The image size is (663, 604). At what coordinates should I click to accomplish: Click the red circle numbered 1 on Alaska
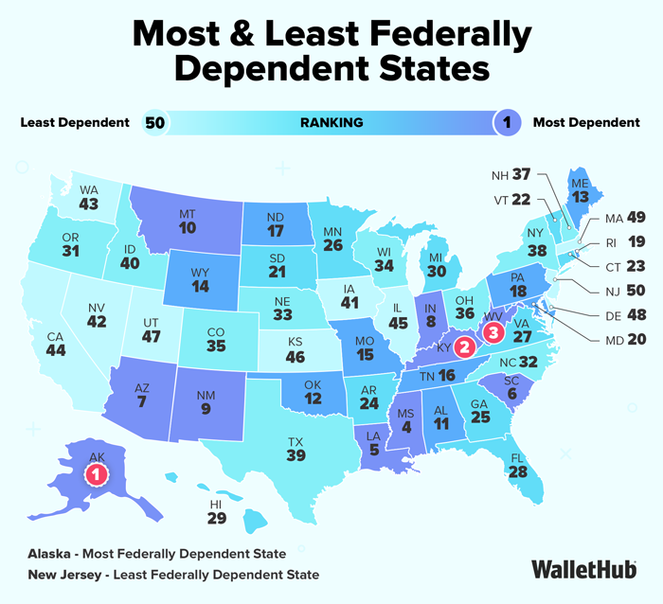coord(99,474)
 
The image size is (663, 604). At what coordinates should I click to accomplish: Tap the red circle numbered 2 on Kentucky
coord(464,346)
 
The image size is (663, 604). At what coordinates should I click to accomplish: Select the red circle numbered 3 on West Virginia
coord(491,330)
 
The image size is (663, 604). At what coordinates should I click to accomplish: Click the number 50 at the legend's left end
coord(154,122)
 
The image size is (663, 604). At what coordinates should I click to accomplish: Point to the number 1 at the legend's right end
coord(508,122)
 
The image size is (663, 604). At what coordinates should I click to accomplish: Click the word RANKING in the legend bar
coord(331,122)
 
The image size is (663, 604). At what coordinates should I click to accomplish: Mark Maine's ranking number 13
coord(578,197)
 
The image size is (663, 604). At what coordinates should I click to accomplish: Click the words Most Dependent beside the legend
coord(586,122)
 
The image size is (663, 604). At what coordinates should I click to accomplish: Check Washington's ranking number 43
coord(89,203)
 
